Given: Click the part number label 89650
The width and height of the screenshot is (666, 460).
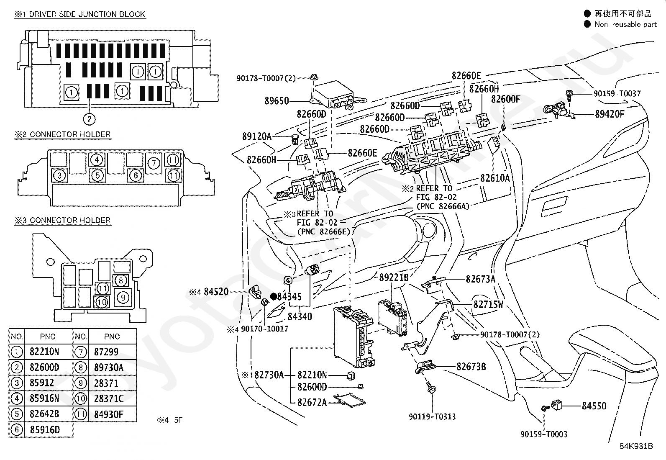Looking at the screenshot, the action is point(277,101).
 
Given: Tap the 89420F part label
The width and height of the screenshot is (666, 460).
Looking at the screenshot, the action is point(610,114).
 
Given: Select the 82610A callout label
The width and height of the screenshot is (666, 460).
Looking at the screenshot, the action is point(495,178).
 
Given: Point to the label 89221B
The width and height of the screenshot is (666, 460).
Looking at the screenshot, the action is point(394,278).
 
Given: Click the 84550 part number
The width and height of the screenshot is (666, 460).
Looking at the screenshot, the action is point(594,406).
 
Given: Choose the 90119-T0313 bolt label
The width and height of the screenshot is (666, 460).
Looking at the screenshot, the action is point(432,416).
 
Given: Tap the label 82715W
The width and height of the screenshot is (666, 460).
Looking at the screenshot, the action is point(488,304).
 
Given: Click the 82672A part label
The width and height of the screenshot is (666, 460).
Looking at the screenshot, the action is point(312,402).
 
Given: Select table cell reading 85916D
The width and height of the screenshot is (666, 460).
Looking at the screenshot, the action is point(45,429).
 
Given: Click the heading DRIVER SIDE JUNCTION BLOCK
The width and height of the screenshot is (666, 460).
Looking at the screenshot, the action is point(87,14).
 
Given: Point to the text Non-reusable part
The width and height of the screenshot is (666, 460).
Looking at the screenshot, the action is point(625,24).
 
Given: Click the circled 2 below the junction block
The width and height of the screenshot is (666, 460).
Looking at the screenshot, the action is point(89,119).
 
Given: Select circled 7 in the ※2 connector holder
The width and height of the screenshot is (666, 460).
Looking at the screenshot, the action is point(154,163).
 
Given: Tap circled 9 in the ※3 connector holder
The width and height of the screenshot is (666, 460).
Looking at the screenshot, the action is point(123,298).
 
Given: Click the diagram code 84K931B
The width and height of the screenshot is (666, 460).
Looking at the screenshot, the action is point(636,446).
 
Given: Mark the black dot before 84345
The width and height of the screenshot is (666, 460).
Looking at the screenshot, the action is point(274,296).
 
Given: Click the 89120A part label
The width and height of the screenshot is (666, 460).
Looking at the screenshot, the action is point(257,136).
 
